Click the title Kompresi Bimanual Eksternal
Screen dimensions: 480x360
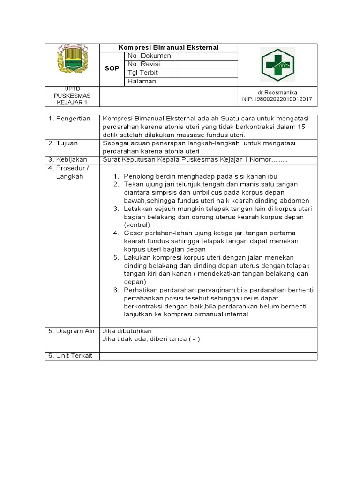point(168,48)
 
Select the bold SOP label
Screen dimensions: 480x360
point(112,68)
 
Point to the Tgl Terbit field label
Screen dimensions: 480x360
point(142,73)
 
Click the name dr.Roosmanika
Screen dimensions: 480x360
point(277,92)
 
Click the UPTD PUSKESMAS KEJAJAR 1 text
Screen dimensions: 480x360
point(72,96)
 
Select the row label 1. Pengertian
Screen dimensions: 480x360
point(69,119)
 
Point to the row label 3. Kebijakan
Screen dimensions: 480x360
point(68,159)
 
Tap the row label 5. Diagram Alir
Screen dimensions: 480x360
point(72,330)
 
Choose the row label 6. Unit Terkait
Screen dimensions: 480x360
point(71,355)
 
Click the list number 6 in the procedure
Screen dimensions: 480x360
point(116,290)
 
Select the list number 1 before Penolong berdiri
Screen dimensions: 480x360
point(116,176)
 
